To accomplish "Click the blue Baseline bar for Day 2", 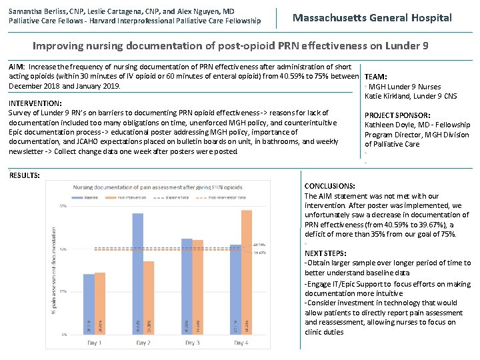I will (x=138, y=273).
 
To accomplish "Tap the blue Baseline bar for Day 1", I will (x=89, y=304).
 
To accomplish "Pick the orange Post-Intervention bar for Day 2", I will (x=149, y=297).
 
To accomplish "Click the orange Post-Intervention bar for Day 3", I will (x=198, y=287).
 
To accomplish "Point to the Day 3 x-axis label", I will (x=192, y=343).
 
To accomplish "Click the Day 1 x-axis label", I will (x=95, y=343).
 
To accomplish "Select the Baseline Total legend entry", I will (x=178, y=197).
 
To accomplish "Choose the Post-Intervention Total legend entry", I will (x=225, y=197).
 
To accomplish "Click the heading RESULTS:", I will (x=24, y=175).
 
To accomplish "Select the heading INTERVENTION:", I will (x=35, y=103).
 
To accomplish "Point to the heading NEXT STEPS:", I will (x=325, y=253).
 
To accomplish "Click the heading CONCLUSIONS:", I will (x=329, y=186).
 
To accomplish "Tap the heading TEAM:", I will (x=376, y=77).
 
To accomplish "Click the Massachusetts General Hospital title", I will (x=372, y=18).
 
